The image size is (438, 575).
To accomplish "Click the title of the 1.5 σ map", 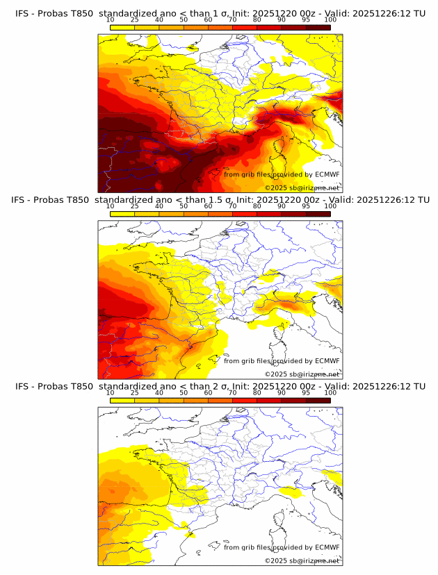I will [220, 200].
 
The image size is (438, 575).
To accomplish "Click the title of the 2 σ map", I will [220, 386].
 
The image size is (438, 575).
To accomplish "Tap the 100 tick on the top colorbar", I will [330, 20].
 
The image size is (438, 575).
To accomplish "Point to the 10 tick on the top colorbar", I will [110, 20].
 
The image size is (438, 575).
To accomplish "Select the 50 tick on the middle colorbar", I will [184, 206].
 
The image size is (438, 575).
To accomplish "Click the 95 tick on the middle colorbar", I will [306, 206].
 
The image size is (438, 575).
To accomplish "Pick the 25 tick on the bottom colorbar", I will [134, 392].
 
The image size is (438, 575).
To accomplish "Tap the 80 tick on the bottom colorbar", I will [257, 392].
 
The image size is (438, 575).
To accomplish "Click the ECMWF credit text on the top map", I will [282, 174].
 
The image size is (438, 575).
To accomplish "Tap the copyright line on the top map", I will [302, 188].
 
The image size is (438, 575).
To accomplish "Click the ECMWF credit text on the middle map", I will [282, 360].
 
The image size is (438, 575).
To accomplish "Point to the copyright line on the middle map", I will [302, 374].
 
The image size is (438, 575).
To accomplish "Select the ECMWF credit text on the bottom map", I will [282, 547].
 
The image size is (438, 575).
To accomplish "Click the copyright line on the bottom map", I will [302, 560].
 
